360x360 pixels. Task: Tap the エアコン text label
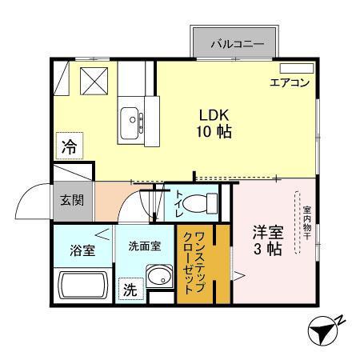[x=289, y=82]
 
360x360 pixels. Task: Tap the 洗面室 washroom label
[x=145, y=246]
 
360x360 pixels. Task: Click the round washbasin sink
[x=159, y=279]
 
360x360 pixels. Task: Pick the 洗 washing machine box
[x=130, y=290]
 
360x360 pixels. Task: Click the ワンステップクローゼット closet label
[x=195, y=263]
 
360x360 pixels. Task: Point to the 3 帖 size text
[x=267, y=250]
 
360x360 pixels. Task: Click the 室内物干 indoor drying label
[x=306, y=223]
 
